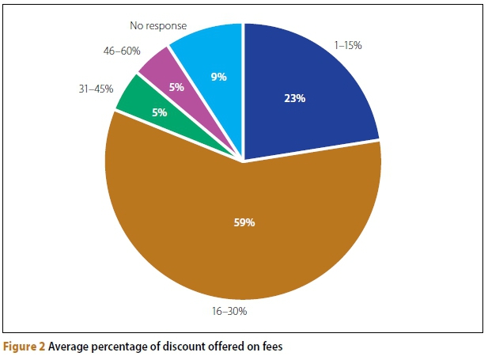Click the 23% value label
296,99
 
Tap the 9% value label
218,77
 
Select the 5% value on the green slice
159,112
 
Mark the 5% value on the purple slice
176,87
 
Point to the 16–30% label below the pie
230,311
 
